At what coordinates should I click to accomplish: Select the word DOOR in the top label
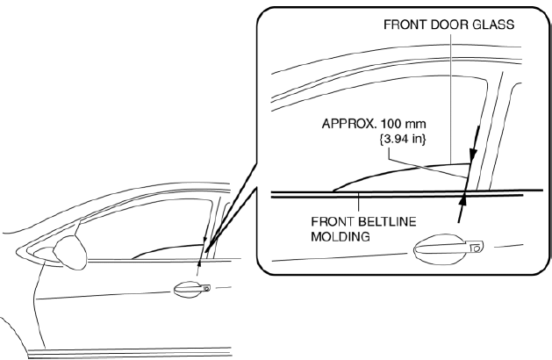click(x=448, y=25)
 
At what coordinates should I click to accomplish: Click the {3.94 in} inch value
click(x=403, y=139)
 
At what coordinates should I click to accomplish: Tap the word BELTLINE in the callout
click(x=387, y=221)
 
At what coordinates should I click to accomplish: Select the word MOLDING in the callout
click(x=341, y=236)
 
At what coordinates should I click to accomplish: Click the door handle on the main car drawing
click(x=192, y=290)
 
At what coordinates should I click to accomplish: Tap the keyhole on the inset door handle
click(x=477, y=248)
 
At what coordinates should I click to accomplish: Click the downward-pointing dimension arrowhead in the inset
click(x=473, y=156)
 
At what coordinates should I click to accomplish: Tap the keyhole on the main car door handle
click(x=206, y=289)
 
